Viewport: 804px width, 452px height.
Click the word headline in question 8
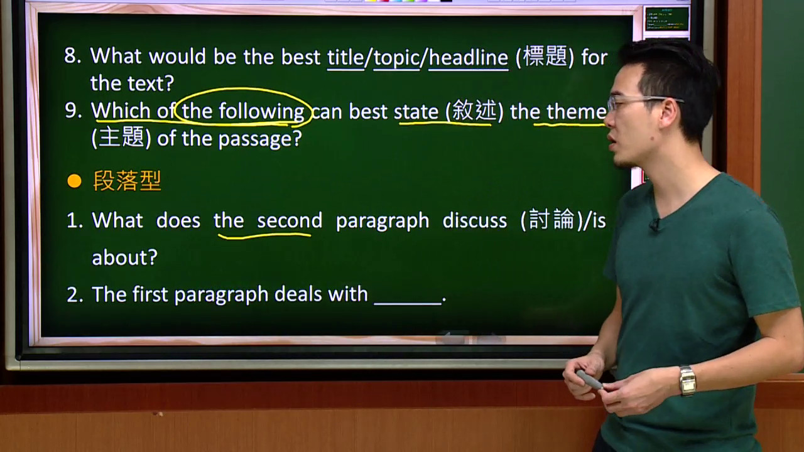pyautogui.click(x=469, y=57)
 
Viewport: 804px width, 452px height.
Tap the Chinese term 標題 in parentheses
pyautogui.click(x=545, y=56)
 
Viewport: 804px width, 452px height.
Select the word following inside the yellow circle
pyautogui.click(x=262, y=111)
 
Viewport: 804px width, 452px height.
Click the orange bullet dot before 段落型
pyautogui.click(x=74, y=181)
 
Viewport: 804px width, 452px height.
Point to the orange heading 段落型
pyautogui.click(x=127, y=181)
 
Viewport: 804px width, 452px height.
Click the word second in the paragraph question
pyautogui.click(x=290, y=220)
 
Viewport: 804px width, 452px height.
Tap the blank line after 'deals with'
pyautogui.click(x=408, y=303)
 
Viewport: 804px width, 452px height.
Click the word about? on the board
pyautogui.click(x=124, y=257)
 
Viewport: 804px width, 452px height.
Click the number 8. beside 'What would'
pyautogui.click(x=73, y=56)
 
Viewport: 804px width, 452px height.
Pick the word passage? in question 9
pyautogui.click(x=260, y=139)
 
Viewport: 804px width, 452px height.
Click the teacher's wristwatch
pyautogui.click(x=687, y=380)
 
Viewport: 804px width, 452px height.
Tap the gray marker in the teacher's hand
pyautogui.click(x=589, y=380)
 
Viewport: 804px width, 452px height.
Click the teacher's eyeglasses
pyautogui.click(x=643, y=102)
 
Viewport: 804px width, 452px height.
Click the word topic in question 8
pyautogui.click(x=396, y=58)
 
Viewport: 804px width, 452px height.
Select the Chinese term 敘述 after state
pyautogui.click(x=474, y=110)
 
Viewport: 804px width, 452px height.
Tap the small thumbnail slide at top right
pyautogui.click(x=667, y=19)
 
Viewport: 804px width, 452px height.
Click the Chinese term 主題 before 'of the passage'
pyautogui.click(x=121, y=137)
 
